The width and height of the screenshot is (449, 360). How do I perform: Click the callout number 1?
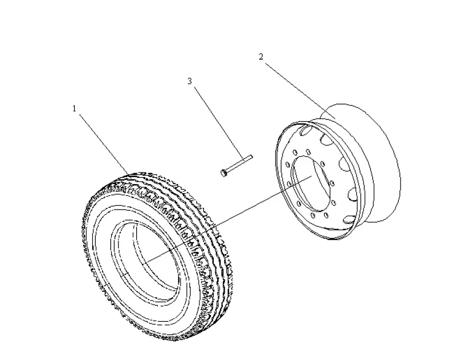click(x=74, y=108)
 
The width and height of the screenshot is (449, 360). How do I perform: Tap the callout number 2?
click(x=260, y=56)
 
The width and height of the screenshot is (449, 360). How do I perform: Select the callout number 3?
click(x=189, y=81)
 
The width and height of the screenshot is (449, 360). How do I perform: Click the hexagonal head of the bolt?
click(x=224, y=171)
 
